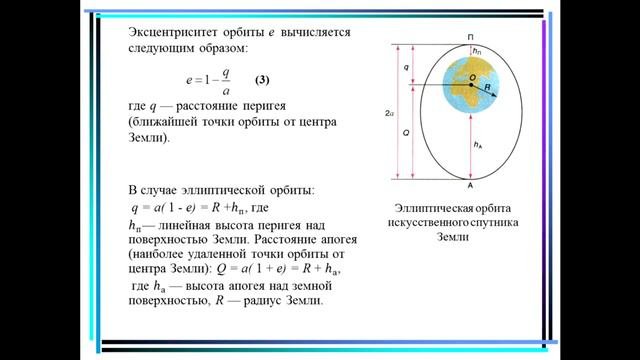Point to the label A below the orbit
469,186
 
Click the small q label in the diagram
405,66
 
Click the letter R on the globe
486,88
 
